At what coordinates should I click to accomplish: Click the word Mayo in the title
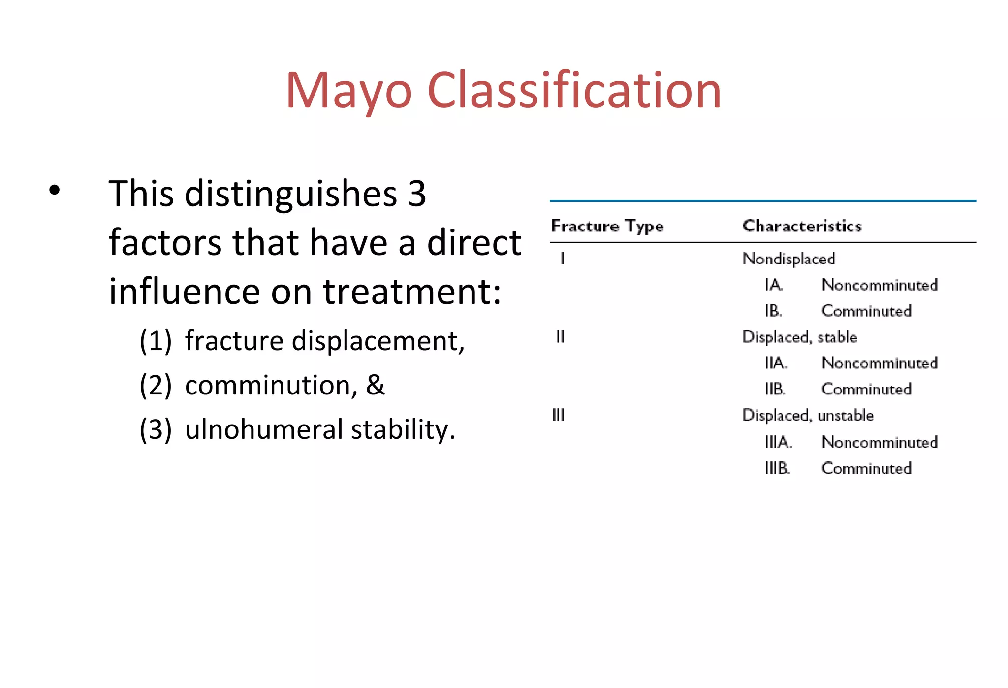(349, 91)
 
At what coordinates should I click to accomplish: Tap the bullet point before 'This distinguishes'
(55, 190)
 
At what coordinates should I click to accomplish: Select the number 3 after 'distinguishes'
(417, 194)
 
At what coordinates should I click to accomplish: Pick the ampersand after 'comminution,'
(375, 385)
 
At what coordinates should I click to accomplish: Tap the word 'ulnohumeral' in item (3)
(264, 429)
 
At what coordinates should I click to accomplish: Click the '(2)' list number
(156, 385)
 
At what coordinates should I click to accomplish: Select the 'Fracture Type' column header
(607, 226)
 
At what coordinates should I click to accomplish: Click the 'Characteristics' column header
(802, 226)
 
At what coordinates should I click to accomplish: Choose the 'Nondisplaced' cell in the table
(788, 259)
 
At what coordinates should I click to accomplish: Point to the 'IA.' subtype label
(774, 285)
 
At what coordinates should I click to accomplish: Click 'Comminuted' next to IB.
(866, 311)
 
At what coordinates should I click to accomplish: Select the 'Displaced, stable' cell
(799, 337)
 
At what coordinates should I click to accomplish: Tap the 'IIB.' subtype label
(775, 389)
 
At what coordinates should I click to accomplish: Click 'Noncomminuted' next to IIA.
(880, 363)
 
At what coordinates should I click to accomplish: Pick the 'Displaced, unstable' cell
(808, 416)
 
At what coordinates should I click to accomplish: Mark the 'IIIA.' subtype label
(778, 442)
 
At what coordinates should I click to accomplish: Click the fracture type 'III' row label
(558, 415)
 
